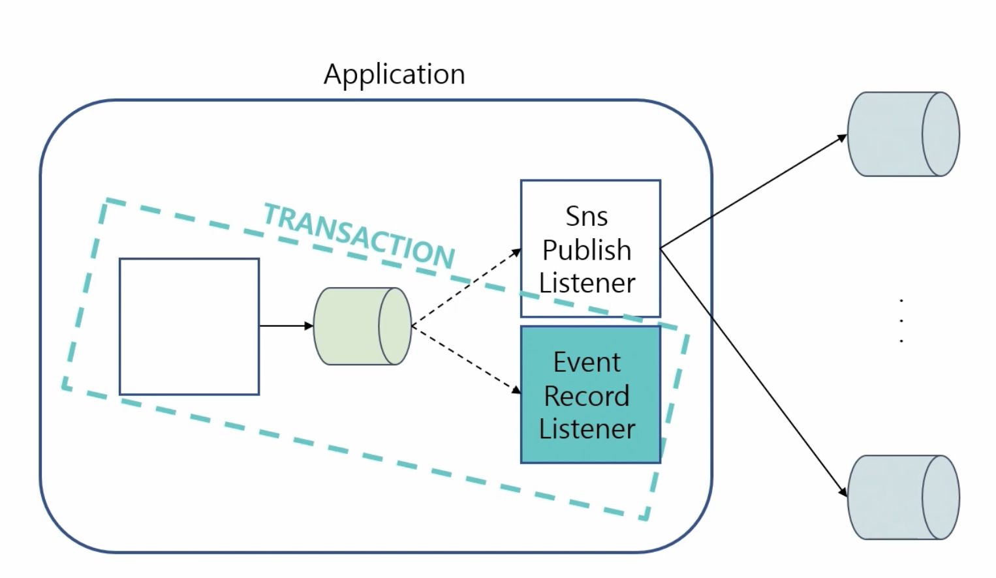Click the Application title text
click(x=394, y=74)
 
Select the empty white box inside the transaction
click(x=189, y=326)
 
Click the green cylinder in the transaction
click(x=362, y=326)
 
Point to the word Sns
click(x=586, y=217)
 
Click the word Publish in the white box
click(x=586, y=251)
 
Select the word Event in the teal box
click(x=587, y=363)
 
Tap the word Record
click(x=586, y=396)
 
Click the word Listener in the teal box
click(x=587, y=429)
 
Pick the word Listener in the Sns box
click(x=587, y=283)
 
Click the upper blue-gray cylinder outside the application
click(x=903, y=134)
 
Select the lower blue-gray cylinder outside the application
click(x=903, y=497)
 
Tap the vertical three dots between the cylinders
click(x=901, y=320)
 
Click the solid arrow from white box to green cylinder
click(x=284, y=326)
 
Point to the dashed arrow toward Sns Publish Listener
click(x=466, y=286)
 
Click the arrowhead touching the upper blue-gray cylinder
click(x=843, y=138)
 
